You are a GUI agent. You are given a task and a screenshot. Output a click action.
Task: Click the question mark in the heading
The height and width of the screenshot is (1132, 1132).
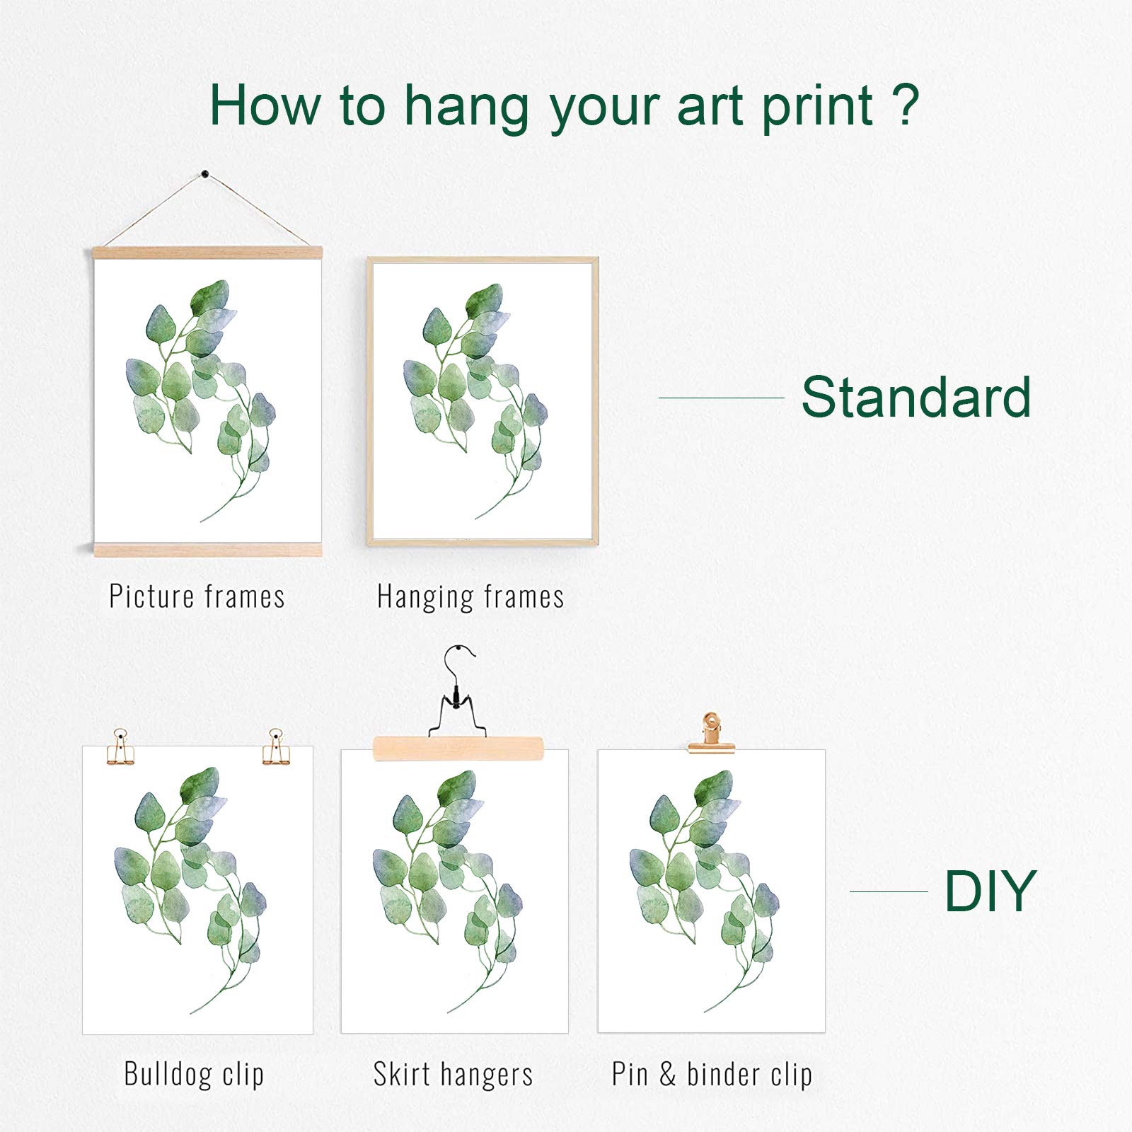click(906, 105)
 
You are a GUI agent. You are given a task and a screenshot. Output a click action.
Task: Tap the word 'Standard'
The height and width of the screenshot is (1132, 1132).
click(916, 397)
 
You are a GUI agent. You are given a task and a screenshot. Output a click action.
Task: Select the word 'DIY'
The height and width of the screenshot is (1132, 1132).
click(990, 891)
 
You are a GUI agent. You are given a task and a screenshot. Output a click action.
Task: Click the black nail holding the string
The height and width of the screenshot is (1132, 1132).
click(205, 173)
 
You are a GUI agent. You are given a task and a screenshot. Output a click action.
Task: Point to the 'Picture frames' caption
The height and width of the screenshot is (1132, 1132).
click(197, 596)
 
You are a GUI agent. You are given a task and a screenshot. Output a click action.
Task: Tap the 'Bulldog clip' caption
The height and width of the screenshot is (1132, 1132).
click(194, 1074)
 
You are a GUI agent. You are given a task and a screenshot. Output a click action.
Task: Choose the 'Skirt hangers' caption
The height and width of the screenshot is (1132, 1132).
click(453, 1075)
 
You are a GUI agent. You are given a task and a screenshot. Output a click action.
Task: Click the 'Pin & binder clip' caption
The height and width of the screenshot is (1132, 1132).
click(712, 1075)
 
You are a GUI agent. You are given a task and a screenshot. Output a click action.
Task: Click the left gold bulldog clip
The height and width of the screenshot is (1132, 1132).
click(120, 747)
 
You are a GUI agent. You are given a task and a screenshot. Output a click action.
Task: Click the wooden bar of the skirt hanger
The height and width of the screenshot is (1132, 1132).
click(458, 749)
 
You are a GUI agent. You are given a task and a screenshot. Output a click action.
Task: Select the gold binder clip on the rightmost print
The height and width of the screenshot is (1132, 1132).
click(711, 734)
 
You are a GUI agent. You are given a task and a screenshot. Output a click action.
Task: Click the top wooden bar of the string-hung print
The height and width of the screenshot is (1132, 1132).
click(207, 253)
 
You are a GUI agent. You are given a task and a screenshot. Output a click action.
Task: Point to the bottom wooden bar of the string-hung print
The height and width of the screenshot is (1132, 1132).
click(207, 549)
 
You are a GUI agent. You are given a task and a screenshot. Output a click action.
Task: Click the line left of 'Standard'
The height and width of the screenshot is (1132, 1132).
click(722, 398)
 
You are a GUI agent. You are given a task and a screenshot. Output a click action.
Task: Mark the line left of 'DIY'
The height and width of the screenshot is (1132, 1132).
click(889, 891)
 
